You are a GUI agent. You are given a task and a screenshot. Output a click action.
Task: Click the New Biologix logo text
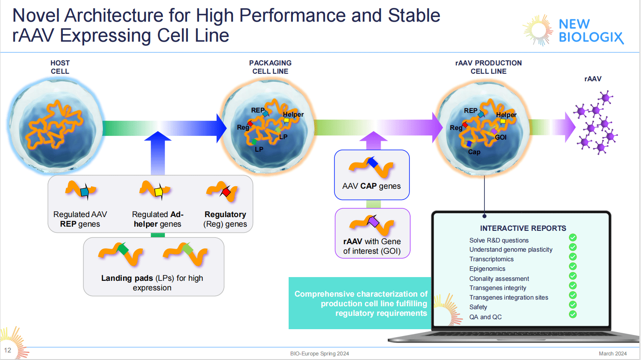pyautogui.click(x=591, y=30)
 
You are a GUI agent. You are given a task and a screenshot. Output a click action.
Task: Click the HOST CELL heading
pyautogui.click(x=60, y=67)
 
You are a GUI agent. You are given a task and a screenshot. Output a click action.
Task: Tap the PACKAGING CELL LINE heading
pyautogui.click(x=270, y=67)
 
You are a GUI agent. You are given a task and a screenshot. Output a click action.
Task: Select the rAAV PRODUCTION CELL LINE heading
pyautogui.click(x=489, y=67)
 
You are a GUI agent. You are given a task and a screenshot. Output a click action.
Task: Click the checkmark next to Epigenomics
pyautogui.click(x=573, y=266)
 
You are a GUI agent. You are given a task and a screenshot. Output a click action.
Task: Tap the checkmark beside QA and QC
pyautogui.click(x=573, y=314)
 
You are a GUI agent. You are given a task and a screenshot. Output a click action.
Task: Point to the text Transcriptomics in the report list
pyautogui.click(x=491, y=259)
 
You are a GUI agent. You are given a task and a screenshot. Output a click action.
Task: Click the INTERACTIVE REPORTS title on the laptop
pyautogui.click(x=523, y=228)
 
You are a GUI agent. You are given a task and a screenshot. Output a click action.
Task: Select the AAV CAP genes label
pyautogui.click(x=372, y=186)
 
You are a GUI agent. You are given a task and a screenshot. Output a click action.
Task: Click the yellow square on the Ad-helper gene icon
pyautogui.click(x=158, y=192)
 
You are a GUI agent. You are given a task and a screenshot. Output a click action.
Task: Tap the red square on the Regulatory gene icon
pyautogui.click(x=226, y=192)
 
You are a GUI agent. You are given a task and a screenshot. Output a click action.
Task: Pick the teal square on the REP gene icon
pyautogui.click(x=84, y=192)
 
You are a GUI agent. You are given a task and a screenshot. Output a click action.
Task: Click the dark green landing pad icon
pyautogui.click(x=123, y=250)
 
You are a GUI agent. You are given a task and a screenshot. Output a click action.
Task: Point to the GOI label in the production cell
pyautogui.click(x=501, y=137)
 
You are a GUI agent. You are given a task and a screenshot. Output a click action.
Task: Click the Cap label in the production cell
pyautogui.click(x=474, y=152)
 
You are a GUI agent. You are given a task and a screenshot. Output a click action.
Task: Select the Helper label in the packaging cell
pyautogui.click(x=293, y=115)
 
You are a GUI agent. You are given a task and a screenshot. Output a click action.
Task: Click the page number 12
pyautogui.click(x=7, y=350)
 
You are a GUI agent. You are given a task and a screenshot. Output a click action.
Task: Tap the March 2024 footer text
pyautogui.click(x=612, y=354)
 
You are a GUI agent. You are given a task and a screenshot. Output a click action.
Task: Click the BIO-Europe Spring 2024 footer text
pyautogui.click(x=319, y=354)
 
